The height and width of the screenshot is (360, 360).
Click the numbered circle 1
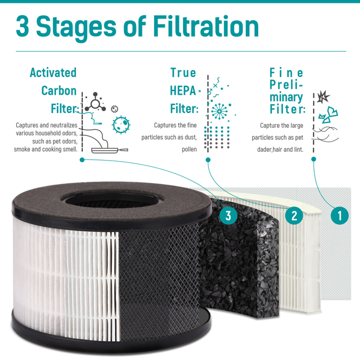(x=339, y=215)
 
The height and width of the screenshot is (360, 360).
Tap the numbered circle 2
(x=294, y=215)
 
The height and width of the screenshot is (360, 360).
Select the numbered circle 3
(x=228, y=215)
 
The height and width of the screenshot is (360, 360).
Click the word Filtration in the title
(x=206, y=26)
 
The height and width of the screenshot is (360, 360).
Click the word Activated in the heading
(x=53, y=73)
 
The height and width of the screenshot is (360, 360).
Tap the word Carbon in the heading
(x=59, y=91)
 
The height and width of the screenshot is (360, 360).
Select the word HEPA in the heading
(x=183, y=91)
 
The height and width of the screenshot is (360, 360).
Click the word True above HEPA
(x=183, y=73)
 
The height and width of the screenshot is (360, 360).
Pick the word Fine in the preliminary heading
(x=286, y=73)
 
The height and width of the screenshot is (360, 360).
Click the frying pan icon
(x=109, y=150)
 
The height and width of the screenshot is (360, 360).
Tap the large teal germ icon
(x=121, y=125)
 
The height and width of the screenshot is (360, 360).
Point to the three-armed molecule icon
(x=95, y=102)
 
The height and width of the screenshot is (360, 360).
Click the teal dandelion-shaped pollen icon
(x=219, y=111)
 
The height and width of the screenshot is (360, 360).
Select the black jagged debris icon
(x=324, y=96)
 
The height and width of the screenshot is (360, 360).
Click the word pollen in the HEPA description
(x=189, y=149)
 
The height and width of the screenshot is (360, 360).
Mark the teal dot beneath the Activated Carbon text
(x=82, y=160)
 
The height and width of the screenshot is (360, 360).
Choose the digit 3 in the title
(x=22, y=26)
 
